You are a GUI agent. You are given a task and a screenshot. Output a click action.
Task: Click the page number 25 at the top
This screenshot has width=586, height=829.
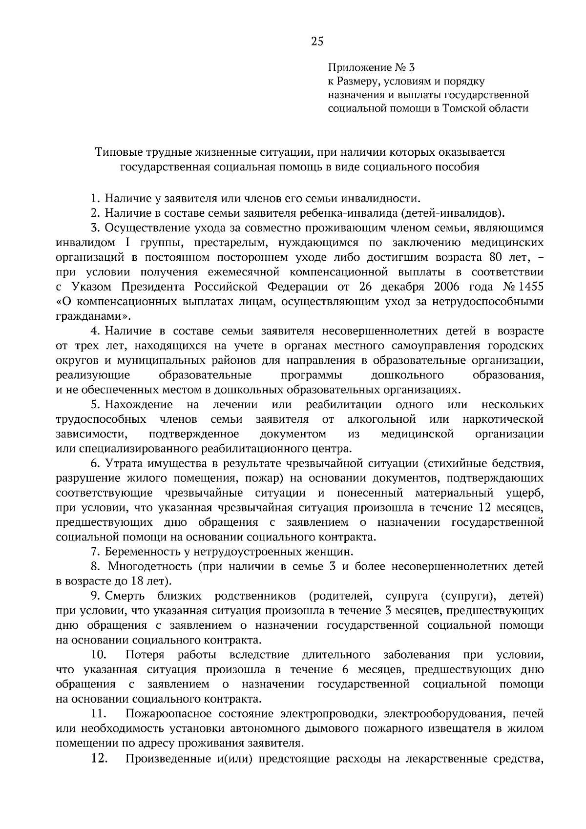[x=317, y=41]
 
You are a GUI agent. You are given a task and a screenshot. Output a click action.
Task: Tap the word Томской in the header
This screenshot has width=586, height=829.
[x=462, y=108]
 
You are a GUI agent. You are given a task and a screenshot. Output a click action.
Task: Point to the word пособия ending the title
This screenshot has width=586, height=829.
[x=460, y=166]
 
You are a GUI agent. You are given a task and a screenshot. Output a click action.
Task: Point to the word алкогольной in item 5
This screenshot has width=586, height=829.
[x=381, y=419]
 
